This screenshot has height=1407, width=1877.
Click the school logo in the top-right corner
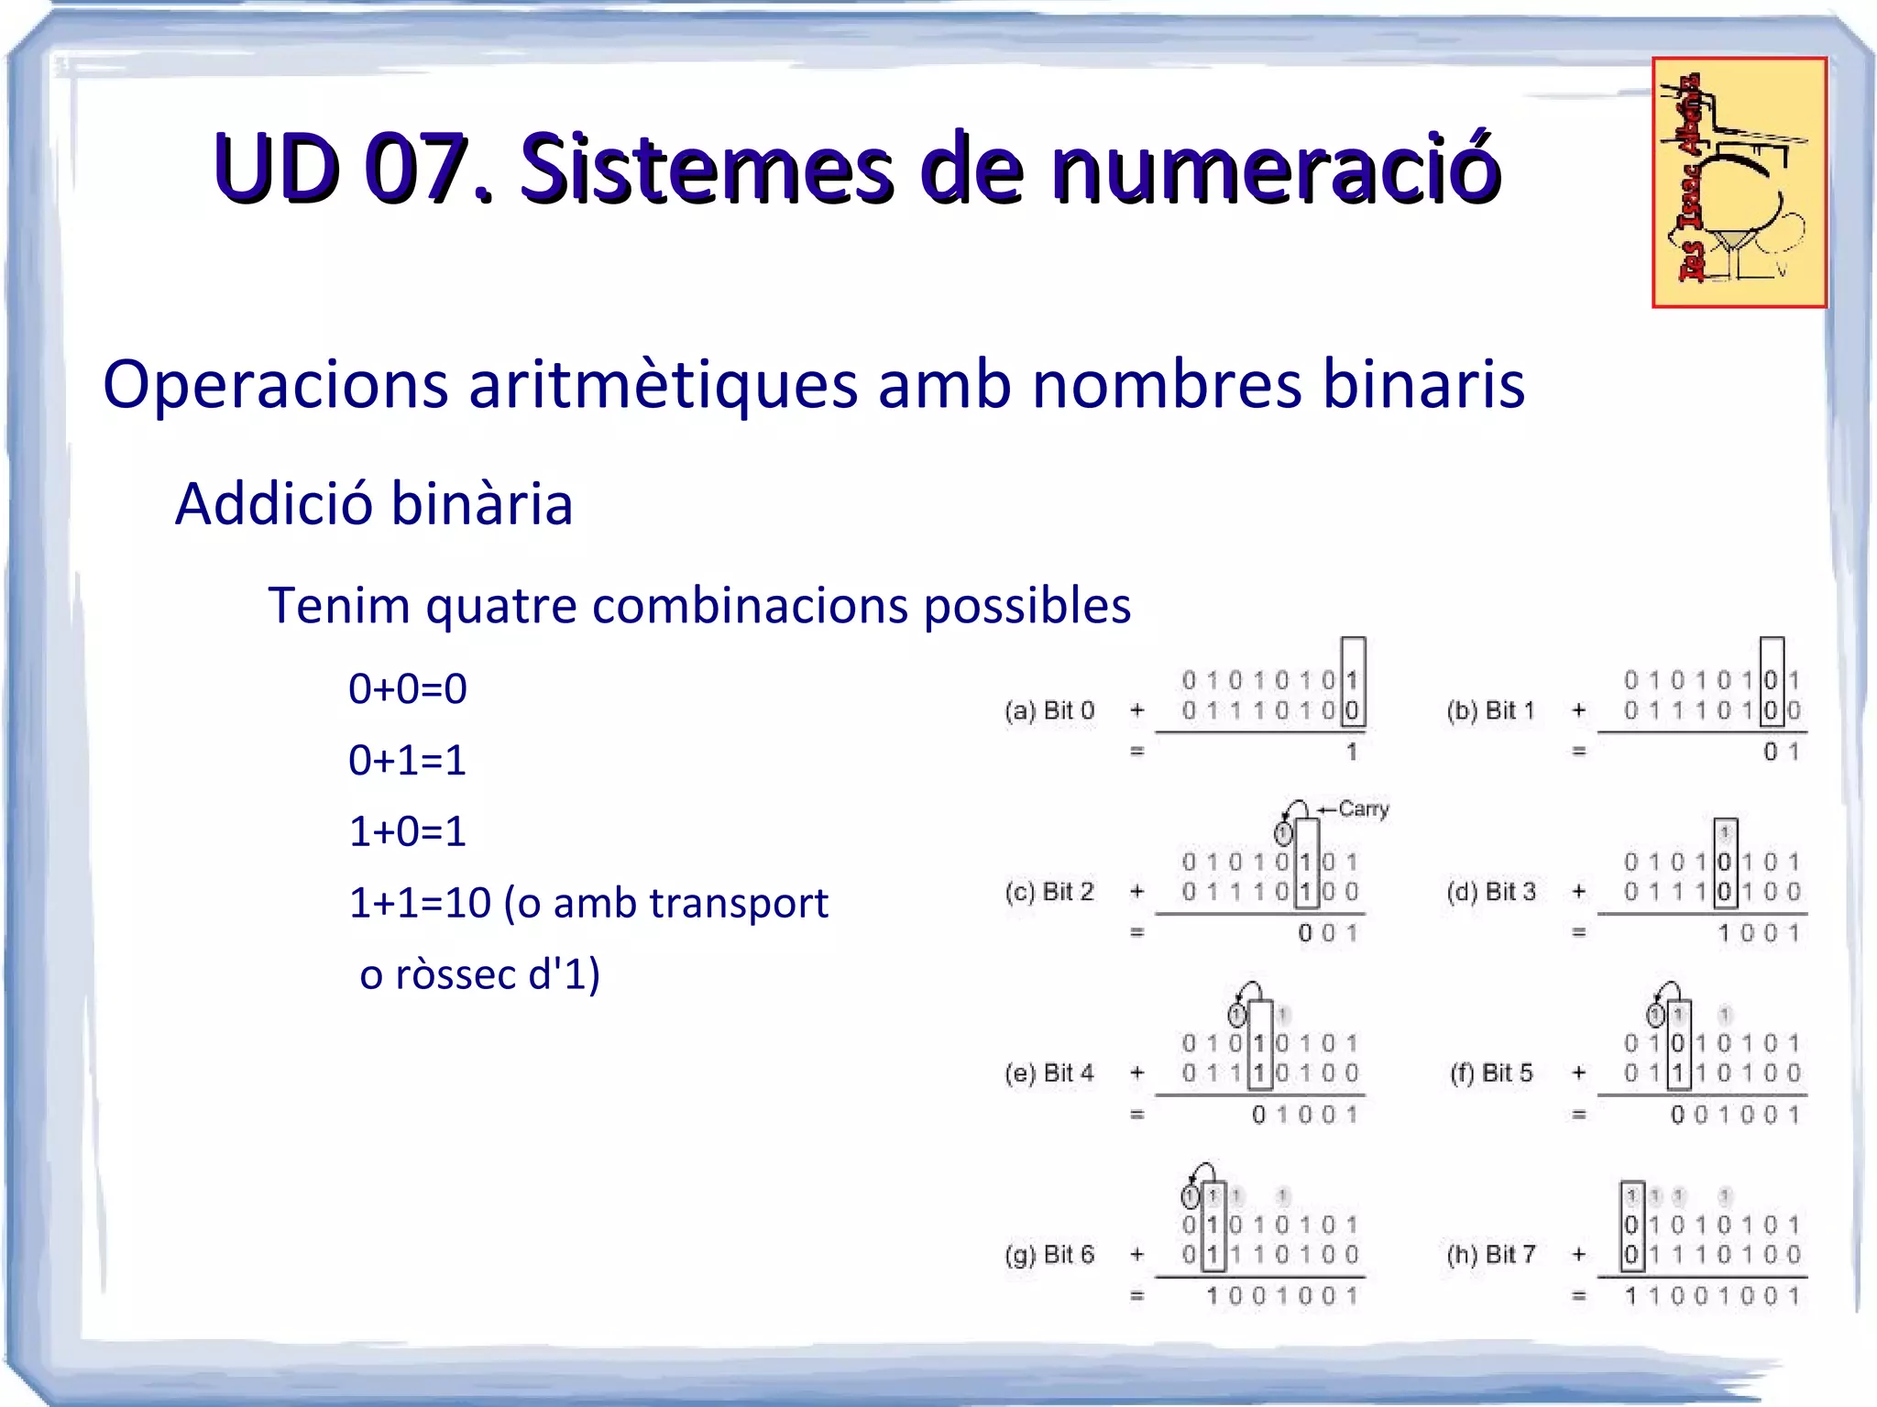(x=1739, y=182)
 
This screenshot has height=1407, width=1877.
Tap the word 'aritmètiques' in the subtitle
(x=663, y=384)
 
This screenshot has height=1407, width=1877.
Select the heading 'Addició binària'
(x=374, y=504)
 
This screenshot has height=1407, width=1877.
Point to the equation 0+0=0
(x=408, y=688)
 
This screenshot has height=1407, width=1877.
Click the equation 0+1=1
(x=408, y=760)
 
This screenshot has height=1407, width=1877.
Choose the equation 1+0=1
(x=408, y=831)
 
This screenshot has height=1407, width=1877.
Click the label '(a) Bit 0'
(x=1049, y=710)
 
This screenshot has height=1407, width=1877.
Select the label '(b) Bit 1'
(x=1490, y=710)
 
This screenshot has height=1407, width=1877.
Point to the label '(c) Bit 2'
(x=1049, y=891)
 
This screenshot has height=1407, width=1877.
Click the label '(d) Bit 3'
(x=1490, y=891)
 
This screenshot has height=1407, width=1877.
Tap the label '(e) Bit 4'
(x=1049, y=1072)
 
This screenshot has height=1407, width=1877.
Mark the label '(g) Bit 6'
(x=1049, y=1254)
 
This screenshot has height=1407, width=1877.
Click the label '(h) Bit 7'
(x=1490, y=1254)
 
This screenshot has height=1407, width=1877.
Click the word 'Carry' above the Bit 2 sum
(x=1364, y=808)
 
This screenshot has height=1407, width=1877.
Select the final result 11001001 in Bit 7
(x=1712, y=1296)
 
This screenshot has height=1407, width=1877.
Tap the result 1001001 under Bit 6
(x=1282, y=1296)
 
